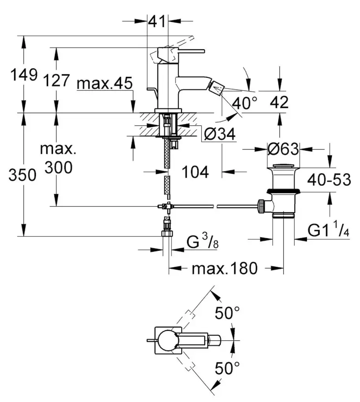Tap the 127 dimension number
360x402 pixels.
coord(57,81)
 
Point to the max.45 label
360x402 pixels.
coord(105,83)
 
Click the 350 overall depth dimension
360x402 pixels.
coord(22,175)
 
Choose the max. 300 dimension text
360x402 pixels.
coord(58,159)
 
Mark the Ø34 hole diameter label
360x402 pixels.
coord(220,135)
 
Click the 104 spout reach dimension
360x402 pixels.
coord(195,172)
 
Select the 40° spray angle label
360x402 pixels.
coord(244,103)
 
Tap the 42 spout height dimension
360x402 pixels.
coord(279,102)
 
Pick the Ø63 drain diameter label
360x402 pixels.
coord(283,149)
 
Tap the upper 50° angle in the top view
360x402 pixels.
coord(227,313)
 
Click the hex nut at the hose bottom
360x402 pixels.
coord(167,234)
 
